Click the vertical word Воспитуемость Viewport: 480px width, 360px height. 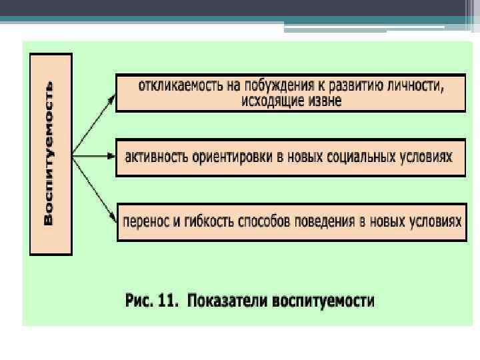pos(49,153)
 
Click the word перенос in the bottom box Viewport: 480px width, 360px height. pos(145,221)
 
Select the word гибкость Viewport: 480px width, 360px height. pos(204,221)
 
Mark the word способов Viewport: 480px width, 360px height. pos(265,221)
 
